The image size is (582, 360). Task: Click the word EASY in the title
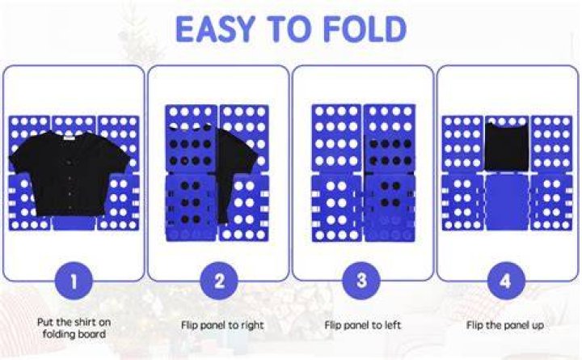pyautogui.click(x=215, y=29)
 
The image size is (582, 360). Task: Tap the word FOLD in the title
pyautogui.click(x=365, y=29)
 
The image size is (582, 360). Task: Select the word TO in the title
pyautogui.click(x=290, y=29)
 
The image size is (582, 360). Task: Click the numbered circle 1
pyautogui.click(x=74, y=282)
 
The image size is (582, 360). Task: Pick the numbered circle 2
pyautogui.click(x=219, y=282)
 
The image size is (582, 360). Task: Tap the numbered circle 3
pyautogui.click(x=361, y=282)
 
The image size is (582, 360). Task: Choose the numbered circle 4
pyautogui.click(x=506, y=282)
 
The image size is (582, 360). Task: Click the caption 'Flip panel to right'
pyautogui.click(x=222, y=325)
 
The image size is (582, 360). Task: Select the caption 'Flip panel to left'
pyautogui.click(x=363, y=325)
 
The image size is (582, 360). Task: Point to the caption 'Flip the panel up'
pyautogui.click(x=505, y=325)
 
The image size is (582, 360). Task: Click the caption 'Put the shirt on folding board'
pyautogui.click(x=74, y=328)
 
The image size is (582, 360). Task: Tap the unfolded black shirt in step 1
pyautogui.click(x=70, y=173)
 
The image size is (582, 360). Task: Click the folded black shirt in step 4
pyautogui.click(x=507, y=146)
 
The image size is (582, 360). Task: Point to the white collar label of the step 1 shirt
pyautogui.click(x=70, y=138)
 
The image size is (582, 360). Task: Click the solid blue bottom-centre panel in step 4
pyautogui.click(x=507, y=201)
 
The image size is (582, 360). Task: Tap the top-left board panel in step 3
pyautogui.click(x=336, y=138)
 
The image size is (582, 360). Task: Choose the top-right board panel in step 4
pyautogui.click(x=551, y=143)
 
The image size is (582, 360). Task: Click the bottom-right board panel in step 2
pyautogui.click(x=244, y=207)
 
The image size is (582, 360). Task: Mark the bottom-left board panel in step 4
pyautogui.click(x=462, y=201)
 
